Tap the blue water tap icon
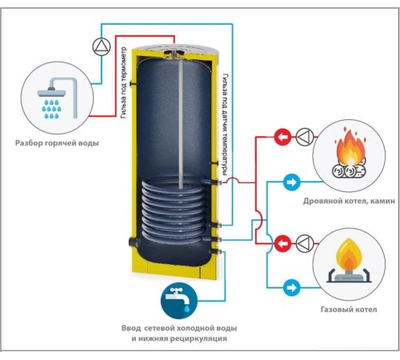click(179, 301)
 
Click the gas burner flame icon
click(349, 261)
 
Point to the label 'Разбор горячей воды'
click(57, 143)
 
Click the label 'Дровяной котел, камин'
click(349, 201)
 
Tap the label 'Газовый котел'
click(349, 310)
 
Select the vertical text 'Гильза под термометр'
click(123, 82)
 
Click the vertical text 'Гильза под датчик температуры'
click(226, 125)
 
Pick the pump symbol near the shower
click(102, 46)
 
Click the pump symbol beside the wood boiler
click(305, 137)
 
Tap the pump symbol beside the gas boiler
click(305, 243)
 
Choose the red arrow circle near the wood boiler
click(282, 137)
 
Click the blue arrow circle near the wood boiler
click(291, 182)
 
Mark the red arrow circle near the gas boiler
click(282, 243)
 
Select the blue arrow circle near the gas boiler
click(291, 288)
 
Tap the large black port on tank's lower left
click(134, 242)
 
